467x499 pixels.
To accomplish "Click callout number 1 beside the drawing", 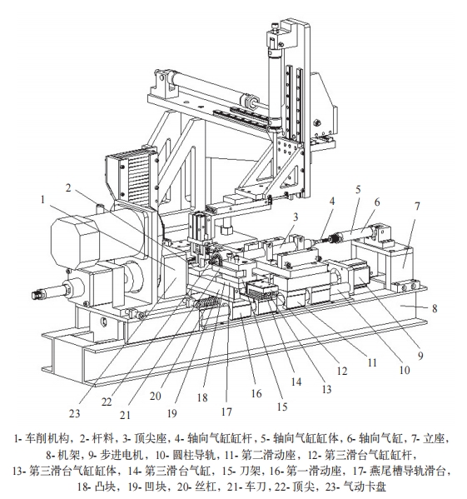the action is point(43,200).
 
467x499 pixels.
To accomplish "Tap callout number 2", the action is point(68,187).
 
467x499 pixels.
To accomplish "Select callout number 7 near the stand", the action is point(417,207).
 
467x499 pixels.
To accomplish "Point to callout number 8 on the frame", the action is point(435,308).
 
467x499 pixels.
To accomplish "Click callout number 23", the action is point(75,413).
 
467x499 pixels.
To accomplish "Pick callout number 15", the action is point(282,407).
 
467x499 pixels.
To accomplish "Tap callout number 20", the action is point(156,396).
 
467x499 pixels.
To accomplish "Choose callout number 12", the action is point(342,371).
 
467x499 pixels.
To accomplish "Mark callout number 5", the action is point(358,190).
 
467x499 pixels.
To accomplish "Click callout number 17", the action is point(226,412).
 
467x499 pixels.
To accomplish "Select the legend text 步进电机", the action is point(122,456).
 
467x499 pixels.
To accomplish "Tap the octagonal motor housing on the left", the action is point(74,242).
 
